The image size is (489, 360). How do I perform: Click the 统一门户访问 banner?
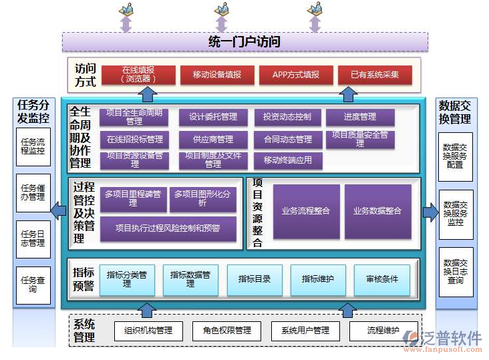(244, 42)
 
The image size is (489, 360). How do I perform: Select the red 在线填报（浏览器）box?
(138, 74)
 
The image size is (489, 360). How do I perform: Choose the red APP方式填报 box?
(295, 75)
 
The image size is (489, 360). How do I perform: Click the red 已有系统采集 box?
(374, 75)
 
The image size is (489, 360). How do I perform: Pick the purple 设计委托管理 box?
(212, 118)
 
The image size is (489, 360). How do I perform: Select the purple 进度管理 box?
(360, 118)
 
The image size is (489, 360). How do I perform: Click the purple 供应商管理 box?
(212, 140)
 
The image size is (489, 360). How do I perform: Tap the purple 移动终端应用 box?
(287, 160)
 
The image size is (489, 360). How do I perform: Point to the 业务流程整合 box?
(306, 211)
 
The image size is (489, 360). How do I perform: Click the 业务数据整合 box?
(377, 211)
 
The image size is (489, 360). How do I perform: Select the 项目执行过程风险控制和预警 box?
(168, 228)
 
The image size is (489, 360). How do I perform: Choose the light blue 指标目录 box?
(255, 279)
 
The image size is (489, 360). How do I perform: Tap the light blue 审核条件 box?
(381, 279)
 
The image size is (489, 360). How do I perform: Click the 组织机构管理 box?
(143, 331)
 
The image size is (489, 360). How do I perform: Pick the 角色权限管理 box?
(222, 331)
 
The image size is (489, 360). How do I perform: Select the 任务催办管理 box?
(33, 193)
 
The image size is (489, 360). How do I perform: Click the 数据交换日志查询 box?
(455, 272)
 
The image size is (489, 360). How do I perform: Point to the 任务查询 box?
(33, 285)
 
